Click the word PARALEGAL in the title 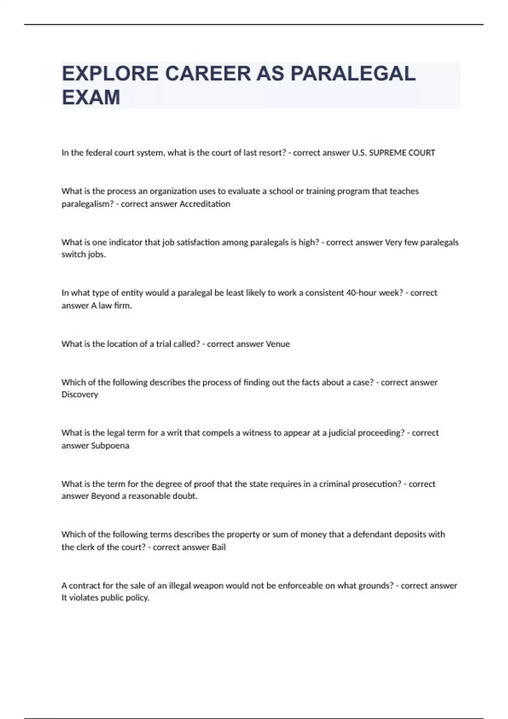[353, 74]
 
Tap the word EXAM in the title [91, 97]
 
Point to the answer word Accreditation [205, 204]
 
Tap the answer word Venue [278, 344]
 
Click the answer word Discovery [80, 394]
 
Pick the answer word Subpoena [110, 445]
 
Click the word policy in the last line [137, 598]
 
